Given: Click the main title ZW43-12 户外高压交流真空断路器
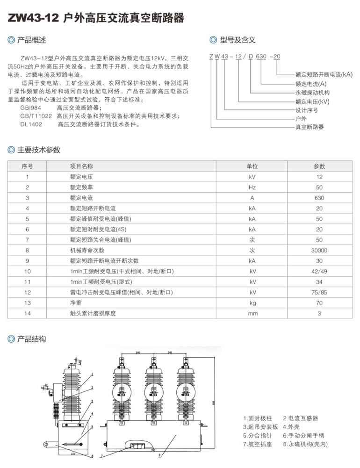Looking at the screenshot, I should click(x=96, y=18).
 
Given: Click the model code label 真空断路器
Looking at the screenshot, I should click(x=310, y=127).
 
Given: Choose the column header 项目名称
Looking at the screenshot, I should click(x=81, y=166).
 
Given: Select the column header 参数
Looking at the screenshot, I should click(x=319, y=166).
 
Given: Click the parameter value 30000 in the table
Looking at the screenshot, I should click(x=319, y=250).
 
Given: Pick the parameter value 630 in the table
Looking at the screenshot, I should click(x=319, y=197).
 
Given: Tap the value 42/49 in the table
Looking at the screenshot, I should click(x=319, y=271).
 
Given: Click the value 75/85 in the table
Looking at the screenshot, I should click(x=319, y=292).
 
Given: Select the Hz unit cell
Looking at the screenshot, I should click(x=252, y=187).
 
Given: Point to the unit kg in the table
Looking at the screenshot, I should click(x=252, y=303).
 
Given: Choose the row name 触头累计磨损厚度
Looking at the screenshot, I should click(x=93, y=313).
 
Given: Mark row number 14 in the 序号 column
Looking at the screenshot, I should click(x=28, y=313).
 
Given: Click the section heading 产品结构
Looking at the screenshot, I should click(x=31, y=339).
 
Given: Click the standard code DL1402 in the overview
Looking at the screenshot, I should click(x=31, y=124).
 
